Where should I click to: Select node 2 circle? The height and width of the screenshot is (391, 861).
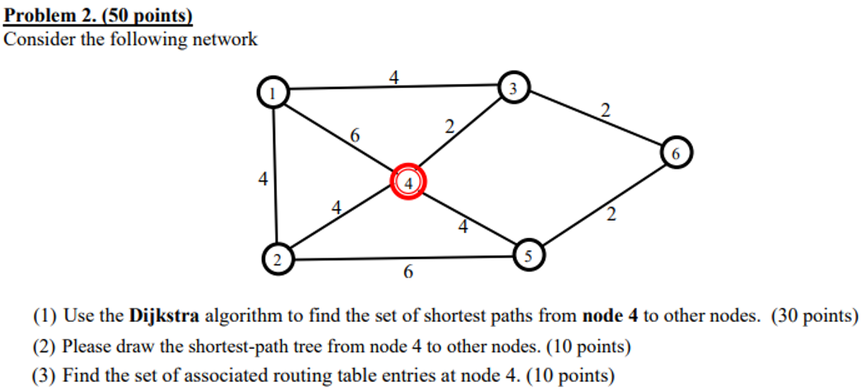click(x=277, y=260)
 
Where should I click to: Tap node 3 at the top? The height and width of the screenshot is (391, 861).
click(x=514, y=88)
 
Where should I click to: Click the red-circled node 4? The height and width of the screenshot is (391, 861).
click(x=408, y=182)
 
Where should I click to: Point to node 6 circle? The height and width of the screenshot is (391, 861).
click(x=676, y=154)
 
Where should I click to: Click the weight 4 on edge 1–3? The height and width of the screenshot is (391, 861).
click(x=394, y=78)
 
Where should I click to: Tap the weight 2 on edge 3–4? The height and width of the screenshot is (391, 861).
click(x=449, y=127)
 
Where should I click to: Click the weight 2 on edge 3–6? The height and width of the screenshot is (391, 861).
click(x=606, y=110)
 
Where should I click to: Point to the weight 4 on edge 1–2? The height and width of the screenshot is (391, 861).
click(x=263, y=178)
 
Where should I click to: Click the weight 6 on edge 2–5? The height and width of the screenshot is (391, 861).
click(x=408, y=272)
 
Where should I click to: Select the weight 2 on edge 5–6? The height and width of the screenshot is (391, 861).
click(x=610, y=216)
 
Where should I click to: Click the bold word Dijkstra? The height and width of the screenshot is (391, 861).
click(x=164, y=316)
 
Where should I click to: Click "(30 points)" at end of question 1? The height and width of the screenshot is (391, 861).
click(x=814, y=316)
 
